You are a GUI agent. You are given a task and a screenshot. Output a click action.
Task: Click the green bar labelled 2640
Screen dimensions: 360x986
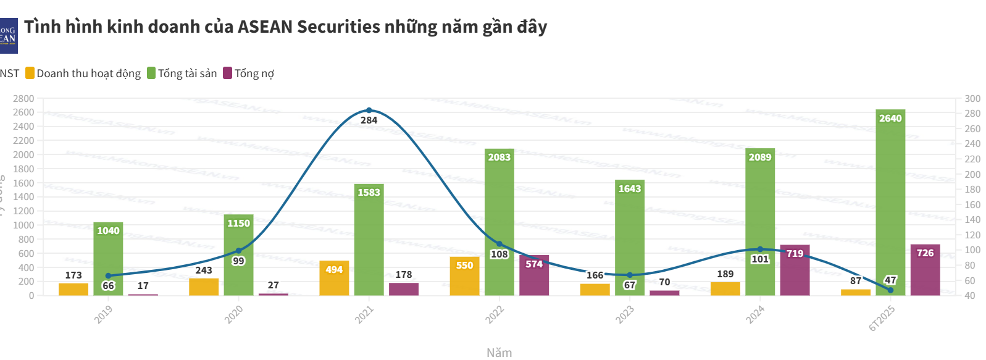[x=890, y=204]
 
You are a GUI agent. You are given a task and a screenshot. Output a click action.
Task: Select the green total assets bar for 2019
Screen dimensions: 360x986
[x=108, y=259]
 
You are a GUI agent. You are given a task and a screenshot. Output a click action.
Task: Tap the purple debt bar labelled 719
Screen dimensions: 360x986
[x=795, y=272]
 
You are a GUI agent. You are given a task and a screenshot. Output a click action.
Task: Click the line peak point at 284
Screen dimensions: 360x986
[x=369, y=111]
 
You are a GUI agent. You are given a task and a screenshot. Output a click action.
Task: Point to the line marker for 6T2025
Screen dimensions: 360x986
[x=890, y=290]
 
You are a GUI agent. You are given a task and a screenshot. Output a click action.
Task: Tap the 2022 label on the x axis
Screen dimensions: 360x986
[x=495, y=314]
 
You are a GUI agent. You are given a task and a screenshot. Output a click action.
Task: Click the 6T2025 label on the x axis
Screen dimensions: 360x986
[x=882, y=318]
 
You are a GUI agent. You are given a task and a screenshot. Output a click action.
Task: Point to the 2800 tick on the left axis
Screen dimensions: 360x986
[x=23, y=99]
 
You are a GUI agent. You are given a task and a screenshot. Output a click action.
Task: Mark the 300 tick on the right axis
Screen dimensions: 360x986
[x=972, y=99]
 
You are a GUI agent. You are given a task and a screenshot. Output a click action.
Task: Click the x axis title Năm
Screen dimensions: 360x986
[x=499, y=353]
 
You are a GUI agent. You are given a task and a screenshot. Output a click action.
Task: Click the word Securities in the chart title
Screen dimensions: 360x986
[x=338, y=27]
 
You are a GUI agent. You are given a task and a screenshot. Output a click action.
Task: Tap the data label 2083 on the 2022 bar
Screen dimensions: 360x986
[x=499, y=157]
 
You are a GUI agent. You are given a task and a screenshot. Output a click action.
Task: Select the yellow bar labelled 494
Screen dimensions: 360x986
[x=334, y=279]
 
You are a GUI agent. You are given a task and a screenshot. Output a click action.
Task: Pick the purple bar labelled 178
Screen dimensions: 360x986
[x=404, y=289]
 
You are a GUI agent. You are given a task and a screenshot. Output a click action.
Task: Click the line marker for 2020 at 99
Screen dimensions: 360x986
[x=239, y=251]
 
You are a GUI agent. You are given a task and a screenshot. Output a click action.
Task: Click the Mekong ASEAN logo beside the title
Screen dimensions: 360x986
[x=9, y=36]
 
